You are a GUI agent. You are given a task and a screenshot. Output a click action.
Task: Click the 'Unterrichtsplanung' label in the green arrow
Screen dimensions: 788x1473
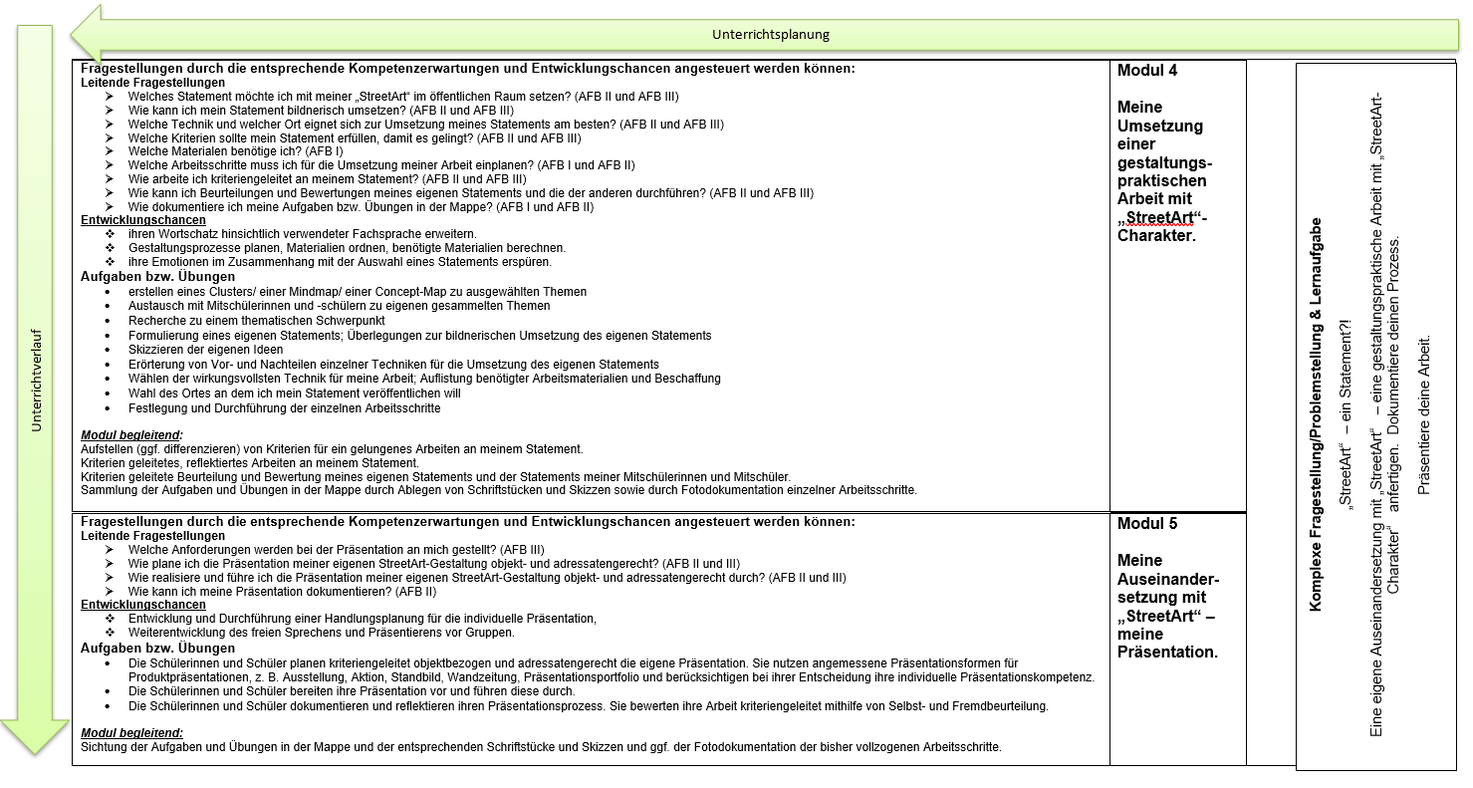(x=770, y=35)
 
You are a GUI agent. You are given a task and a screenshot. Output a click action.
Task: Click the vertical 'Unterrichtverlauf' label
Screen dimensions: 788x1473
(x=37, y=382)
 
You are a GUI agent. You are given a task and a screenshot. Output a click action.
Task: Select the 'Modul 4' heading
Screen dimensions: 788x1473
(x=1147, y=71)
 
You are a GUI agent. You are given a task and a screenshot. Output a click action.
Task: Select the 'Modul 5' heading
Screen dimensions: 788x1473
(x=1147, y=524)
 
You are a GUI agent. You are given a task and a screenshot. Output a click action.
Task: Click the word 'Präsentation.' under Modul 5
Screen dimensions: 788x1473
(x=1167, y=653)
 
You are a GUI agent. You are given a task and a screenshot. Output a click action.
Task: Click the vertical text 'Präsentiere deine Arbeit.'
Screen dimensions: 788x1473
(x=1423, y=413)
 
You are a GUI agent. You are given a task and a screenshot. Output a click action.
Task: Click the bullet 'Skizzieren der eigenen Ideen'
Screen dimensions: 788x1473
(x=205, y=350)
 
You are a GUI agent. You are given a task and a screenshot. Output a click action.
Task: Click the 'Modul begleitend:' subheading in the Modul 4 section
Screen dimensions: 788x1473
(x=131, y=435)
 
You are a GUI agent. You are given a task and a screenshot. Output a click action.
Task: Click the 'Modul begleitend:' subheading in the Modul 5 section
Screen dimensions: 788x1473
(x=131, y=732)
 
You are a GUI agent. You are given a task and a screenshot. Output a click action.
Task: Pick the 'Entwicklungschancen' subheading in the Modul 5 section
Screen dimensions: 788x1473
(x=143, y=605)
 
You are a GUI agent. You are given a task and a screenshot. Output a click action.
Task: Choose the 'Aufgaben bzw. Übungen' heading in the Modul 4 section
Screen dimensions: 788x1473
(x=157, y=276)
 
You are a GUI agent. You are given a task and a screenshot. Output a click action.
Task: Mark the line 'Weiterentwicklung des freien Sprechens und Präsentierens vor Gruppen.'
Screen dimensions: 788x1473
(x=321, y=633)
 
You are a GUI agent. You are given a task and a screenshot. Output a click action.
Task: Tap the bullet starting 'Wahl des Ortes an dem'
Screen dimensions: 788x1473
(x=294, y=394)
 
